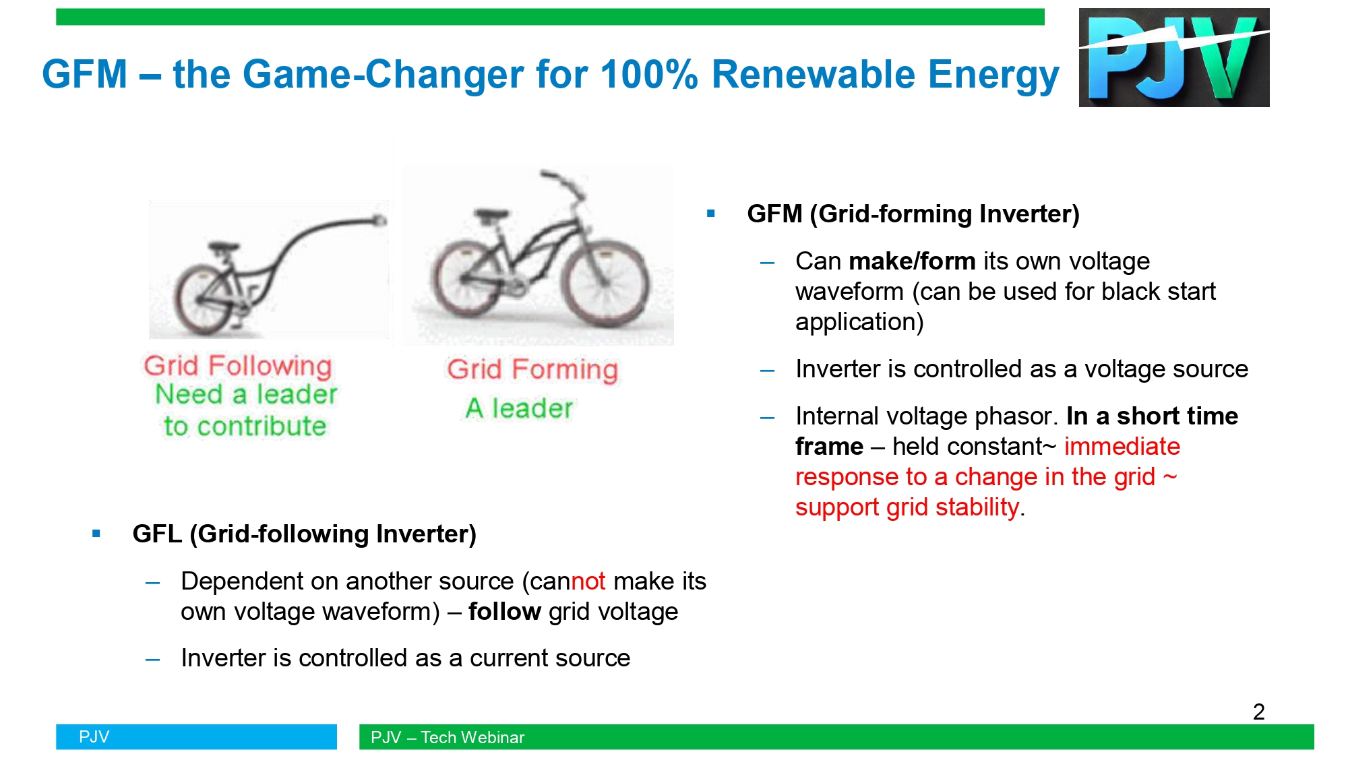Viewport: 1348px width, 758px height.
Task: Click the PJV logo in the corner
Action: [x=1173, y=57]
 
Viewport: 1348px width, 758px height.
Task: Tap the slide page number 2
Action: [x=1258, y=712]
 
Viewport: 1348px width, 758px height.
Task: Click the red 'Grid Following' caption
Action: [x=238, y=366]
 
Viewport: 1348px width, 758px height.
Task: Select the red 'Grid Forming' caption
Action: [x=532, y=369]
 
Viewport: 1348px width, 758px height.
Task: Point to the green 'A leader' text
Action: [x=519, y=408]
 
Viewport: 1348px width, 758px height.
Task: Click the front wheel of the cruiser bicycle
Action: [x=606, y=284]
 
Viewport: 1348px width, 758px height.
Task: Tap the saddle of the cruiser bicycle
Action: [x=491, y=216]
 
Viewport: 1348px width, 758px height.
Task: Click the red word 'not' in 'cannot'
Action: [x=588, y=581]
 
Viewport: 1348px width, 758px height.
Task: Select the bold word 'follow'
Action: [x=505, y=611]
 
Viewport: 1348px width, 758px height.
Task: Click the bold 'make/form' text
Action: [x=912, y=261]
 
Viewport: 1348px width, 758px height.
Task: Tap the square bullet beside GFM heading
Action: [x=710, y=214]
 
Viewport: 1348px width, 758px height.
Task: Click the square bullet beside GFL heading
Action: [x=96, y=534]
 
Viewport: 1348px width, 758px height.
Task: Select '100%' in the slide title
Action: [x=648, y=74]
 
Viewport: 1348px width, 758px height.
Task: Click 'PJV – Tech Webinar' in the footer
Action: [x=448, y=737]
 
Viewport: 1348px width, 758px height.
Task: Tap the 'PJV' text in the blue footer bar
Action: [x=94, y=736]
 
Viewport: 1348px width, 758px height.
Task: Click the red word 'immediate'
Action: [x=1122, y=446]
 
